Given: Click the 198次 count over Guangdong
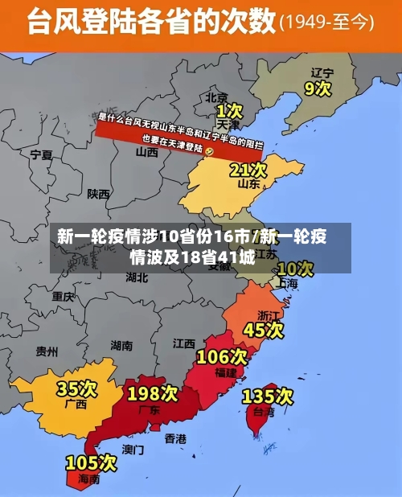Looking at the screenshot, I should click(x=153, y=393).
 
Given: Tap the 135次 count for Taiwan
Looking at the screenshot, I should click(x=267, y=396).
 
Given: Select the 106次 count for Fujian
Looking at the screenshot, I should click(x=222, y=356).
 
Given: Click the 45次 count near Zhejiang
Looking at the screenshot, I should click(x=264, y=329).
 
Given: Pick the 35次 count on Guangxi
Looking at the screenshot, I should click(x=76, y=389).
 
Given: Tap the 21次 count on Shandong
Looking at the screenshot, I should click(x=248, y=170).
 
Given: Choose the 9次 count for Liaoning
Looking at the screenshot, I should click(x=318, y=88).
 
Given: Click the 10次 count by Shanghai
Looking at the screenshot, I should click(x=294, y=268).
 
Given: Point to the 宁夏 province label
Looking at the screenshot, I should click(x=41, y=154).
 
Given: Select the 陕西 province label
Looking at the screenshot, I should click(x=99, y=194).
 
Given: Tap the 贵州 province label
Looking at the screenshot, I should click(x=47, y=351).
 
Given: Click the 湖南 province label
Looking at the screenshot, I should click(x=121, y=346).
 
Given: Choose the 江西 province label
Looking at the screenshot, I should click(x=184, y=343).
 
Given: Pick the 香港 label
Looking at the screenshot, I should click(x=175, y=438).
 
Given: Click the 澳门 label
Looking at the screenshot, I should click(x=133, y=449).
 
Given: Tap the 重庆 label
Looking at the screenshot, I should click(x=63, y=296).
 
